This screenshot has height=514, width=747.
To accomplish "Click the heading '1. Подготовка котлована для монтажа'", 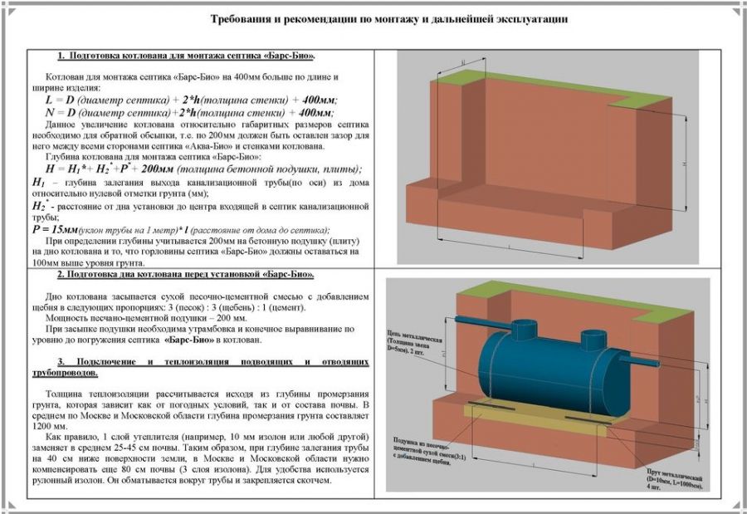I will (x=186, y=56).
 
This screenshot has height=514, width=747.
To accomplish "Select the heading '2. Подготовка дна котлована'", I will (x=186, y=274).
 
